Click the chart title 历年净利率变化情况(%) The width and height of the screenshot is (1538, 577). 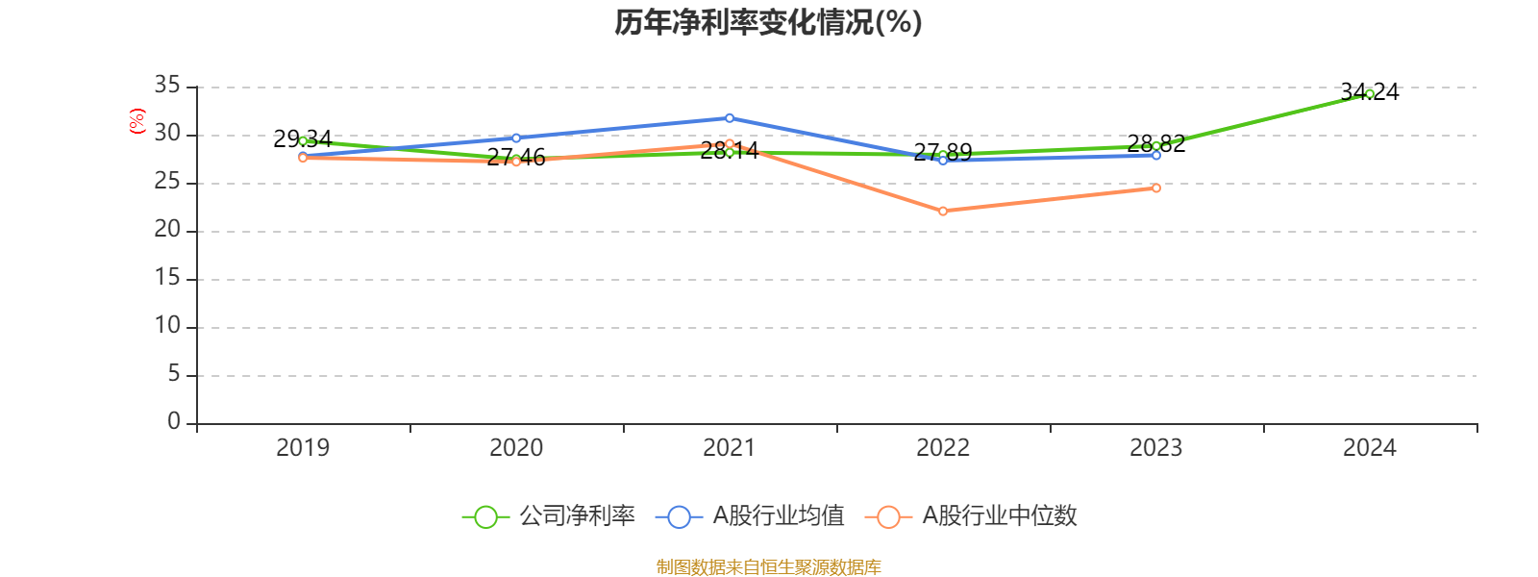(768, 22)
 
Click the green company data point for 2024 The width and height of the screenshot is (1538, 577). (1369, 93)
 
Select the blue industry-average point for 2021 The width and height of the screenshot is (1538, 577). (730, 117)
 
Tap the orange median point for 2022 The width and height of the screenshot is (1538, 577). (943, 211)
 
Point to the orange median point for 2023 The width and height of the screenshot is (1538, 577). (1156, 188)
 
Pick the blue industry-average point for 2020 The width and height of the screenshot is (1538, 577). (516, 138)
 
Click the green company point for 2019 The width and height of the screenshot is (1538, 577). (303, 140)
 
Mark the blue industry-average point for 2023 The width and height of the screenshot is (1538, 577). (1156, 155)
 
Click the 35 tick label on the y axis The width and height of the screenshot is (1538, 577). (167, 86)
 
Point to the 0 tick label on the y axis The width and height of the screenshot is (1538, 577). (174, 421)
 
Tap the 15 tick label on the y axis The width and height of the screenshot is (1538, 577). (167, 278)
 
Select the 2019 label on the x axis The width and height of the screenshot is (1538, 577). (303, 447)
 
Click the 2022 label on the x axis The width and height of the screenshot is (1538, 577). (943, 447)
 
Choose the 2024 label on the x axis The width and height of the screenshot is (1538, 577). (1369, 447)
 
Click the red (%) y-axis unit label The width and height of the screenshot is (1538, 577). (137, 121)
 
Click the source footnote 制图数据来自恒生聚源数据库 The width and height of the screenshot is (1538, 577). (768, 567)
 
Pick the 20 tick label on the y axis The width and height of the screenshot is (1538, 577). (167, 230)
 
